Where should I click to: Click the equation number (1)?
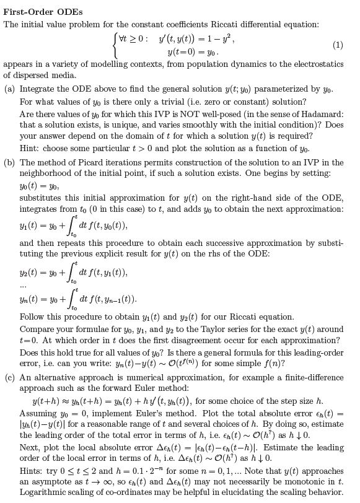(337, 45)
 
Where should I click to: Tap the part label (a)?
(9, 89)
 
